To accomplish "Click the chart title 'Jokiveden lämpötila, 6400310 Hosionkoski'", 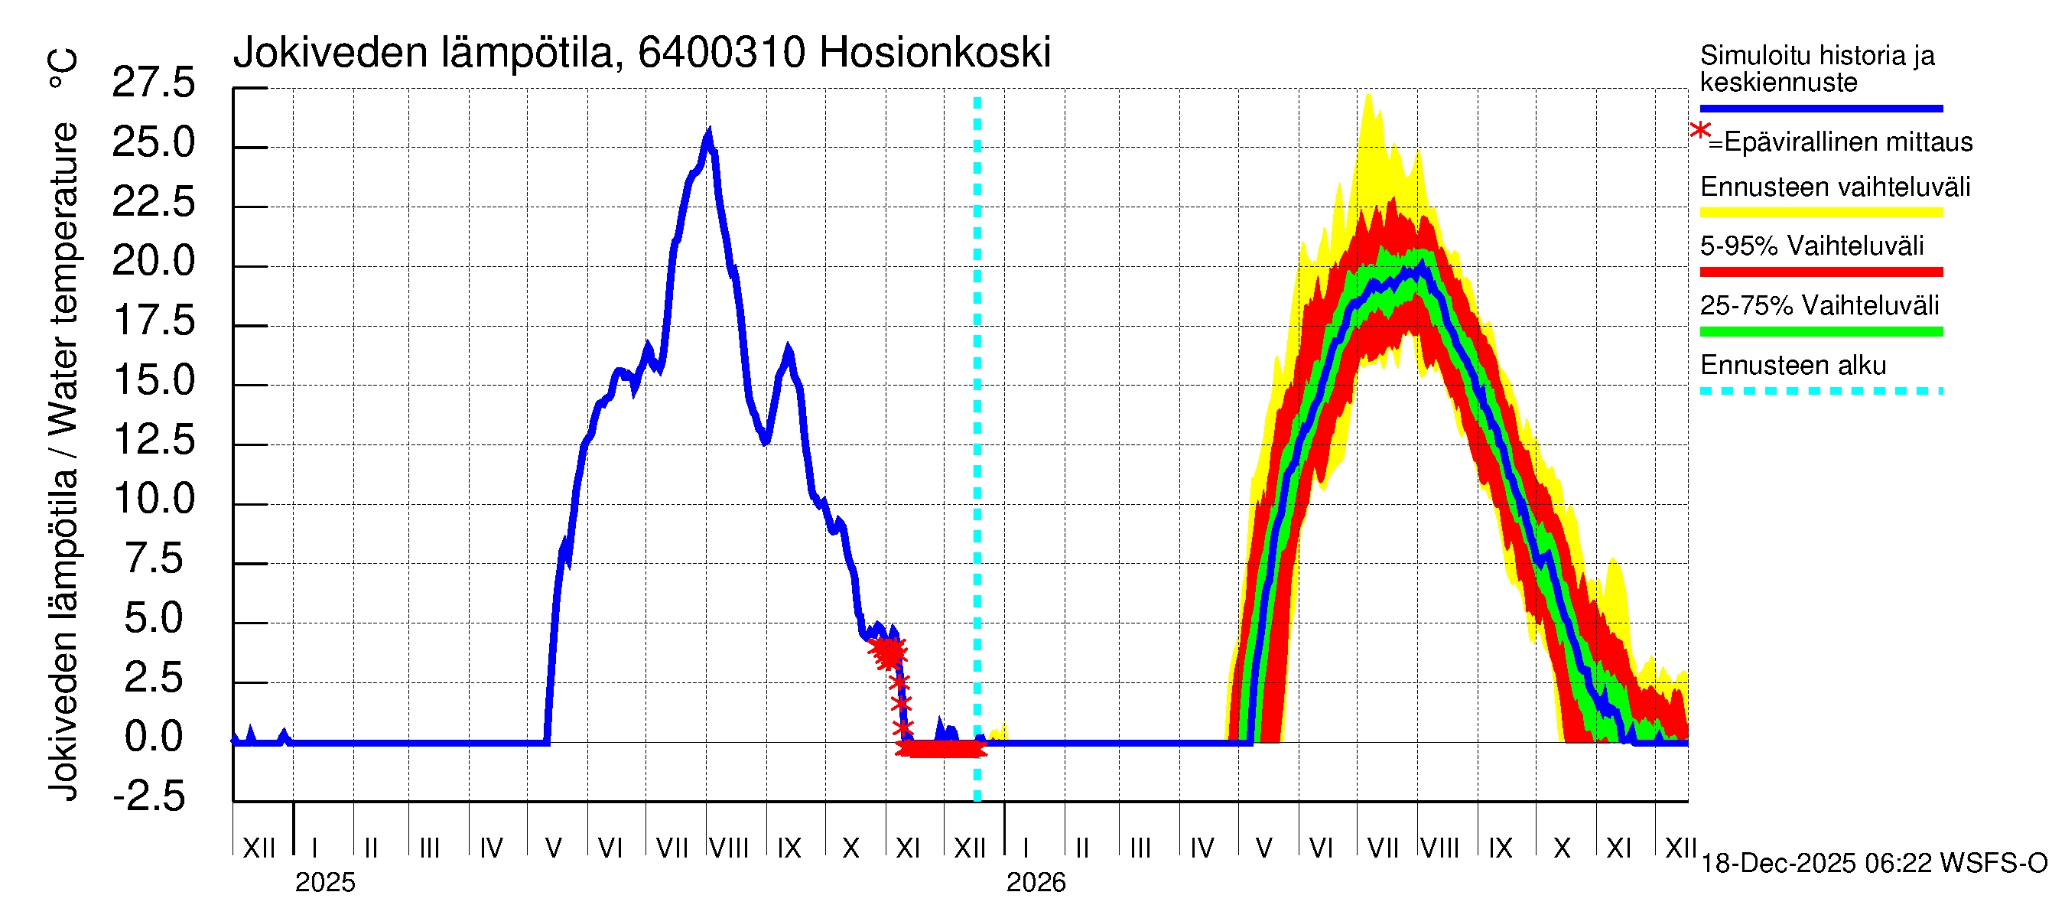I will [x=642, y=53].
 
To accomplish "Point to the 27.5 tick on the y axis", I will [x=153, y=83].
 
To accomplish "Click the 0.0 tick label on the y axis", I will [x=153, y=737].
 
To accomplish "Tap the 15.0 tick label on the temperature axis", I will [x=153, y=380].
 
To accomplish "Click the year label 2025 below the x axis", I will [x=324, y=883].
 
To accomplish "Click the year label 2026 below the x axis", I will [x=1036, y=883].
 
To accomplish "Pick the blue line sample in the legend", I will [x=1820, y=108].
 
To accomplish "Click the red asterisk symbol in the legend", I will [x=1699, y=131].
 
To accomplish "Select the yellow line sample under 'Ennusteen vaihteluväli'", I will [x=1820, y=213].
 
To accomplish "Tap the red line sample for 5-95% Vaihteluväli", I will [x=1820, y=272].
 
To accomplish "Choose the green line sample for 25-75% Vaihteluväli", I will [x=1820, y=331].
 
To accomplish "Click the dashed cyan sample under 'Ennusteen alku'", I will [x=1820, y=391].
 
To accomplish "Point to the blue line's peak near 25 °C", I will [x=709, y=133].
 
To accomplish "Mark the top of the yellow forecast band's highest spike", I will [x=1368, y=96].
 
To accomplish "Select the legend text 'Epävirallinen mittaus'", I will [x=1848, y=142].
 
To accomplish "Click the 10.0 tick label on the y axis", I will [x=153, y=499].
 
